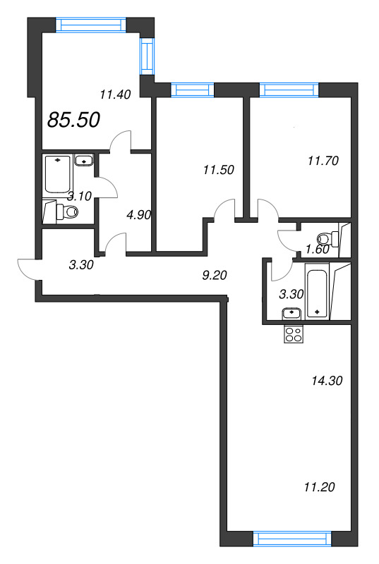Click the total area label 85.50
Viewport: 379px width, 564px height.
tap(73, 120)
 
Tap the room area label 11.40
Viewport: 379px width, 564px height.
tap(115, 95)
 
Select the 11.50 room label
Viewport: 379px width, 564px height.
tap(218, 169)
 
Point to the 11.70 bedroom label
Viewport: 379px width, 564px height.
tap(324, 160)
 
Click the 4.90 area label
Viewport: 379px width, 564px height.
tap(138, 215)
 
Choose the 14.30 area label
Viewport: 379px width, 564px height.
tap(327, 380)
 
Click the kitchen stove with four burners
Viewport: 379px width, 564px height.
tap(293, 335)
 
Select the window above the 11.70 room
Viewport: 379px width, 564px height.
tap(289, 90)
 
